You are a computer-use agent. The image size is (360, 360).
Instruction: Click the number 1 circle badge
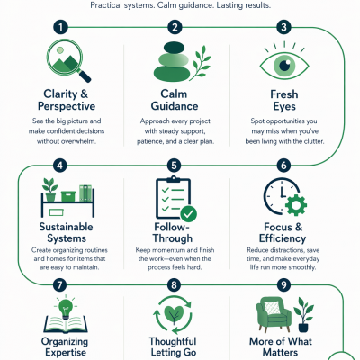click(60, 28)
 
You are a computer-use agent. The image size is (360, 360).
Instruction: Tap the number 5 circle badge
click(174, 166)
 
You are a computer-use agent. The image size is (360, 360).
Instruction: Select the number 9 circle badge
click(283, 284)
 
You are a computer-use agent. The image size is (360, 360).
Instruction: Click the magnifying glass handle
click(84, 76)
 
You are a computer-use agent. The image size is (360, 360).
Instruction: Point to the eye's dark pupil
click(284, 65)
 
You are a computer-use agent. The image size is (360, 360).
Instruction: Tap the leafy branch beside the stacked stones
click(201, 62)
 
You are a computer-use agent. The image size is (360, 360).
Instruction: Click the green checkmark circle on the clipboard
click(189, 213)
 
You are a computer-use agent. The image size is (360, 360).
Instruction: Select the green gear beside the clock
click(296, 205)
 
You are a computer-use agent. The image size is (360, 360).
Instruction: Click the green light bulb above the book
click(66, 308)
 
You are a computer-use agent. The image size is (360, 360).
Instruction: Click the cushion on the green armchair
click(272, 308)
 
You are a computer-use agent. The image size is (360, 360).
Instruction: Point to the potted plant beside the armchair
click(303, 314)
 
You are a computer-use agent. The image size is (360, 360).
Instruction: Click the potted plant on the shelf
click(50, 189)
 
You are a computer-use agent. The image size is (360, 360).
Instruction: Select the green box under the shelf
click(56, 212)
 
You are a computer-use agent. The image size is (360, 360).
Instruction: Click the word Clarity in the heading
click(60, 94)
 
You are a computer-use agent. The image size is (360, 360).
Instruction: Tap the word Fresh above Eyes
click(284, 94)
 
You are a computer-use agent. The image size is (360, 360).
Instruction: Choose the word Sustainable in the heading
click(66, 227)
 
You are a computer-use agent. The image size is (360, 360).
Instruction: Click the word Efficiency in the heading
click(283, 238)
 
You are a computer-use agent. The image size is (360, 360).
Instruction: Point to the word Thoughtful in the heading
click(173, 341)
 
